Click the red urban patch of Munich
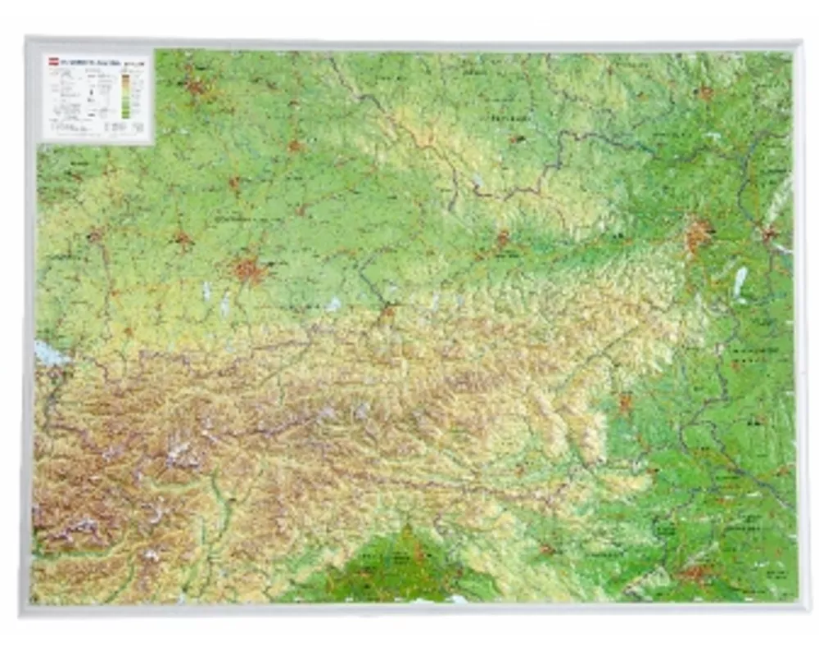click(x=248, y=269)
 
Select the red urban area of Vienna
click(x=697, y=234)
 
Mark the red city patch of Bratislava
click(x=769, y=235)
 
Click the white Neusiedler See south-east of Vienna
click(x=740, y=282)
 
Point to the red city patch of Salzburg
click(x=387, y=311)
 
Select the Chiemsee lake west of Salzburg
click(x=333, y=304)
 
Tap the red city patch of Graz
click(x=625, y=403)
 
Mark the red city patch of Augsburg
click(x=182, y=240)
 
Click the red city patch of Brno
click(x=704, y=93)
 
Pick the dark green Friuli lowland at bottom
click(x=401, y=565)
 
